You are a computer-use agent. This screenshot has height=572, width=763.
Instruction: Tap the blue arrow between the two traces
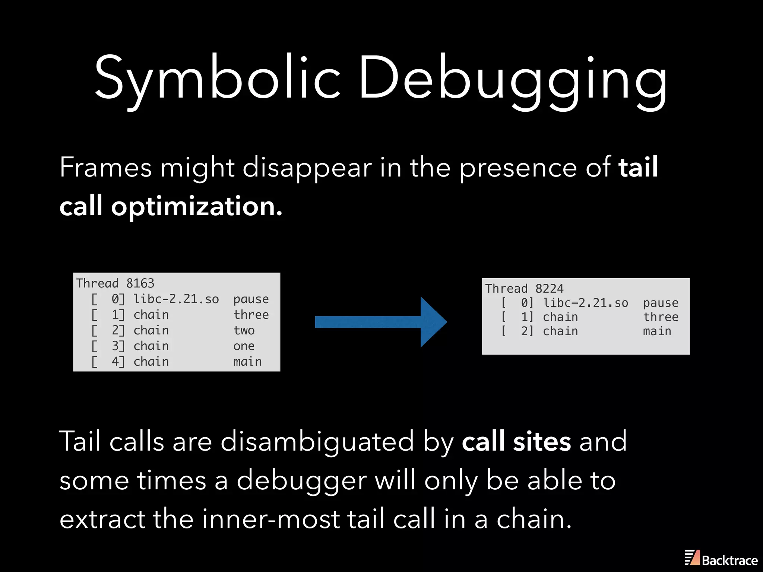point(380,322)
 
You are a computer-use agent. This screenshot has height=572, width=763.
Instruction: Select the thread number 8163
point(140,283)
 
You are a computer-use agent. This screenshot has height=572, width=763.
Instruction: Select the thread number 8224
point(549,289)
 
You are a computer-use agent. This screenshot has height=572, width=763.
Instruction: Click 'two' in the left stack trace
point(244,330)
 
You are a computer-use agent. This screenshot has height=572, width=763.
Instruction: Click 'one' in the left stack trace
point(244,346)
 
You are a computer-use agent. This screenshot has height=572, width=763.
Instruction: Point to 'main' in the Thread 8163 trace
point(247,362)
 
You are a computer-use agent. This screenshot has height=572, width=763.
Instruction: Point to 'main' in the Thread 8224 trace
point(657,331)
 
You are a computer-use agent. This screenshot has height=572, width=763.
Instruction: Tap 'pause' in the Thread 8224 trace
point(661,303)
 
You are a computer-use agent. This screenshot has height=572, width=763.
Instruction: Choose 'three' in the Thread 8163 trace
point(251,315)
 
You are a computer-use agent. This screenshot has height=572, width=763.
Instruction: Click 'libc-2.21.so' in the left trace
point(176,299)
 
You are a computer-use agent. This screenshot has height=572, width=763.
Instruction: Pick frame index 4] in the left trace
point(118,362)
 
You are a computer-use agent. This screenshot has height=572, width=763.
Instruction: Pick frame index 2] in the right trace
point(527,331)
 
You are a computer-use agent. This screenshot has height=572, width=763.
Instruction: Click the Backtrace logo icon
point(692,557)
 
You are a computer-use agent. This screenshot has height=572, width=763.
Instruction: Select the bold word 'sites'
point(542,441)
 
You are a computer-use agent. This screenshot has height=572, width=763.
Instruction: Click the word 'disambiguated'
point(317,441)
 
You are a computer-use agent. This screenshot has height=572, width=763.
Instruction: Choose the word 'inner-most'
point(270,519)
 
